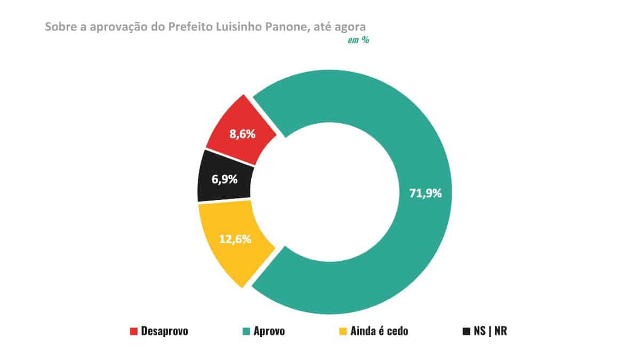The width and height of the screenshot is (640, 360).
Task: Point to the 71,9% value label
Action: click(x=425, y=193)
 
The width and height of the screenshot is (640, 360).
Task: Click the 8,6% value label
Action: click(x=242, y=134)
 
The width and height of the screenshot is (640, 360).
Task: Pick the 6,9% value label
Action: click(x=225, y=179)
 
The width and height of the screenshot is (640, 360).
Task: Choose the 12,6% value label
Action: click(x=235, y=239)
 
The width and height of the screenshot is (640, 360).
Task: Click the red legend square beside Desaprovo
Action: click(x=134, y=331)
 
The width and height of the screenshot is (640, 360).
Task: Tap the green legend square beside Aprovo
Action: click(x=246, y=331)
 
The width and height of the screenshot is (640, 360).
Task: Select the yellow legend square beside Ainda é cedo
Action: click(x=343, y=331)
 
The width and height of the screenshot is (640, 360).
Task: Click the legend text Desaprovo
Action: click(x=165, y=331)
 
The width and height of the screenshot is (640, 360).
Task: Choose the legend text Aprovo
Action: click(x=269, y=331)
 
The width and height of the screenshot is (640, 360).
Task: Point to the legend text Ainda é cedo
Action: click(x=379, y=331)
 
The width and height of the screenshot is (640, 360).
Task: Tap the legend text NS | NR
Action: click(x=490, y=331)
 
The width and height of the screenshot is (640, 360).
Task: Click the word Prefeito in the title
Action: click(x=190, y=27)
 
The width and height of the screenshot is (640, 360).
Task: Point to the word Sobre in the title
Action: click(x=58, y=27)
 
